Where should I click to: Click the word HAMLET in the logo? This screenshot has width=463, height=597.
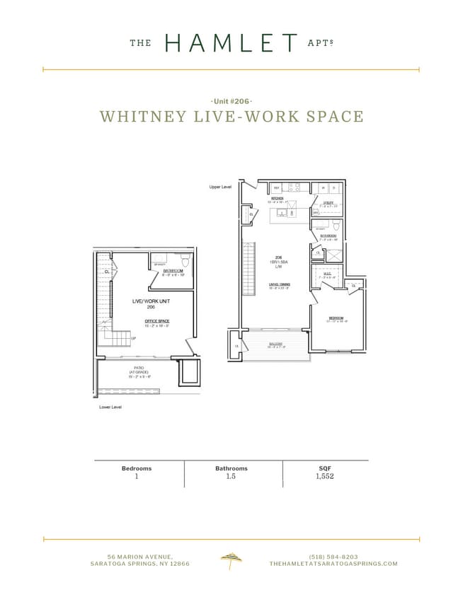(231, 43)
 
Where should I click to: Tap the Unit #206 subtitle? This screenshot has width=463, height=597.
(232, 102)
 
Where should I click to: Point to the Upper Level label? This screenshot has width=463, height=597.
(220, 187)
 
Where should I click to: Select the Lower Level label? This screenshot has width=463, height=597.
(110, 407)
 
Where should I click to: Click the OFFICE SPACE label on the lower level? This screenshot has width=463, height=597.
(157, 321)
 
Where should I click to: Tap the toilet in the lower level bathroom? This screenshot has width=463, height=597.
(185, 260)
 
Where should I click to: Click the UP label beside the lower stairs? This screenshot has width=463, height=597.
(133, 338)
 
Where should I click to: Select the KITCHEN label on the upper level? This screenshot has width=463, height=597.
(277, 199)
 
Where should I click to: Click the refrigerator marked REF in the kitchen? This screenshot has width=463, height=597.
(277, 187)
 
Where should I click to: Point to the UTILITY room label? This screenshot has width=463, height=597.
(328, 202)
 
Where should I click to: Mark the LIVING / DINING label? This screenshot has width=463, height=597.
(279, 284)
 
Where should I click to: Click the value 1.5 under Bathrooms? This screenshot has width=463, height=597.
(232, 477)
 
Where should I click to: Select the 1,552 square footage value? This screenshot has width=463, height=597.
(325, 477)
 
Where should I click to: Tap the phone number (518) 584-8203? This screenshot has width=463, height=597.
(333, 557)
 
